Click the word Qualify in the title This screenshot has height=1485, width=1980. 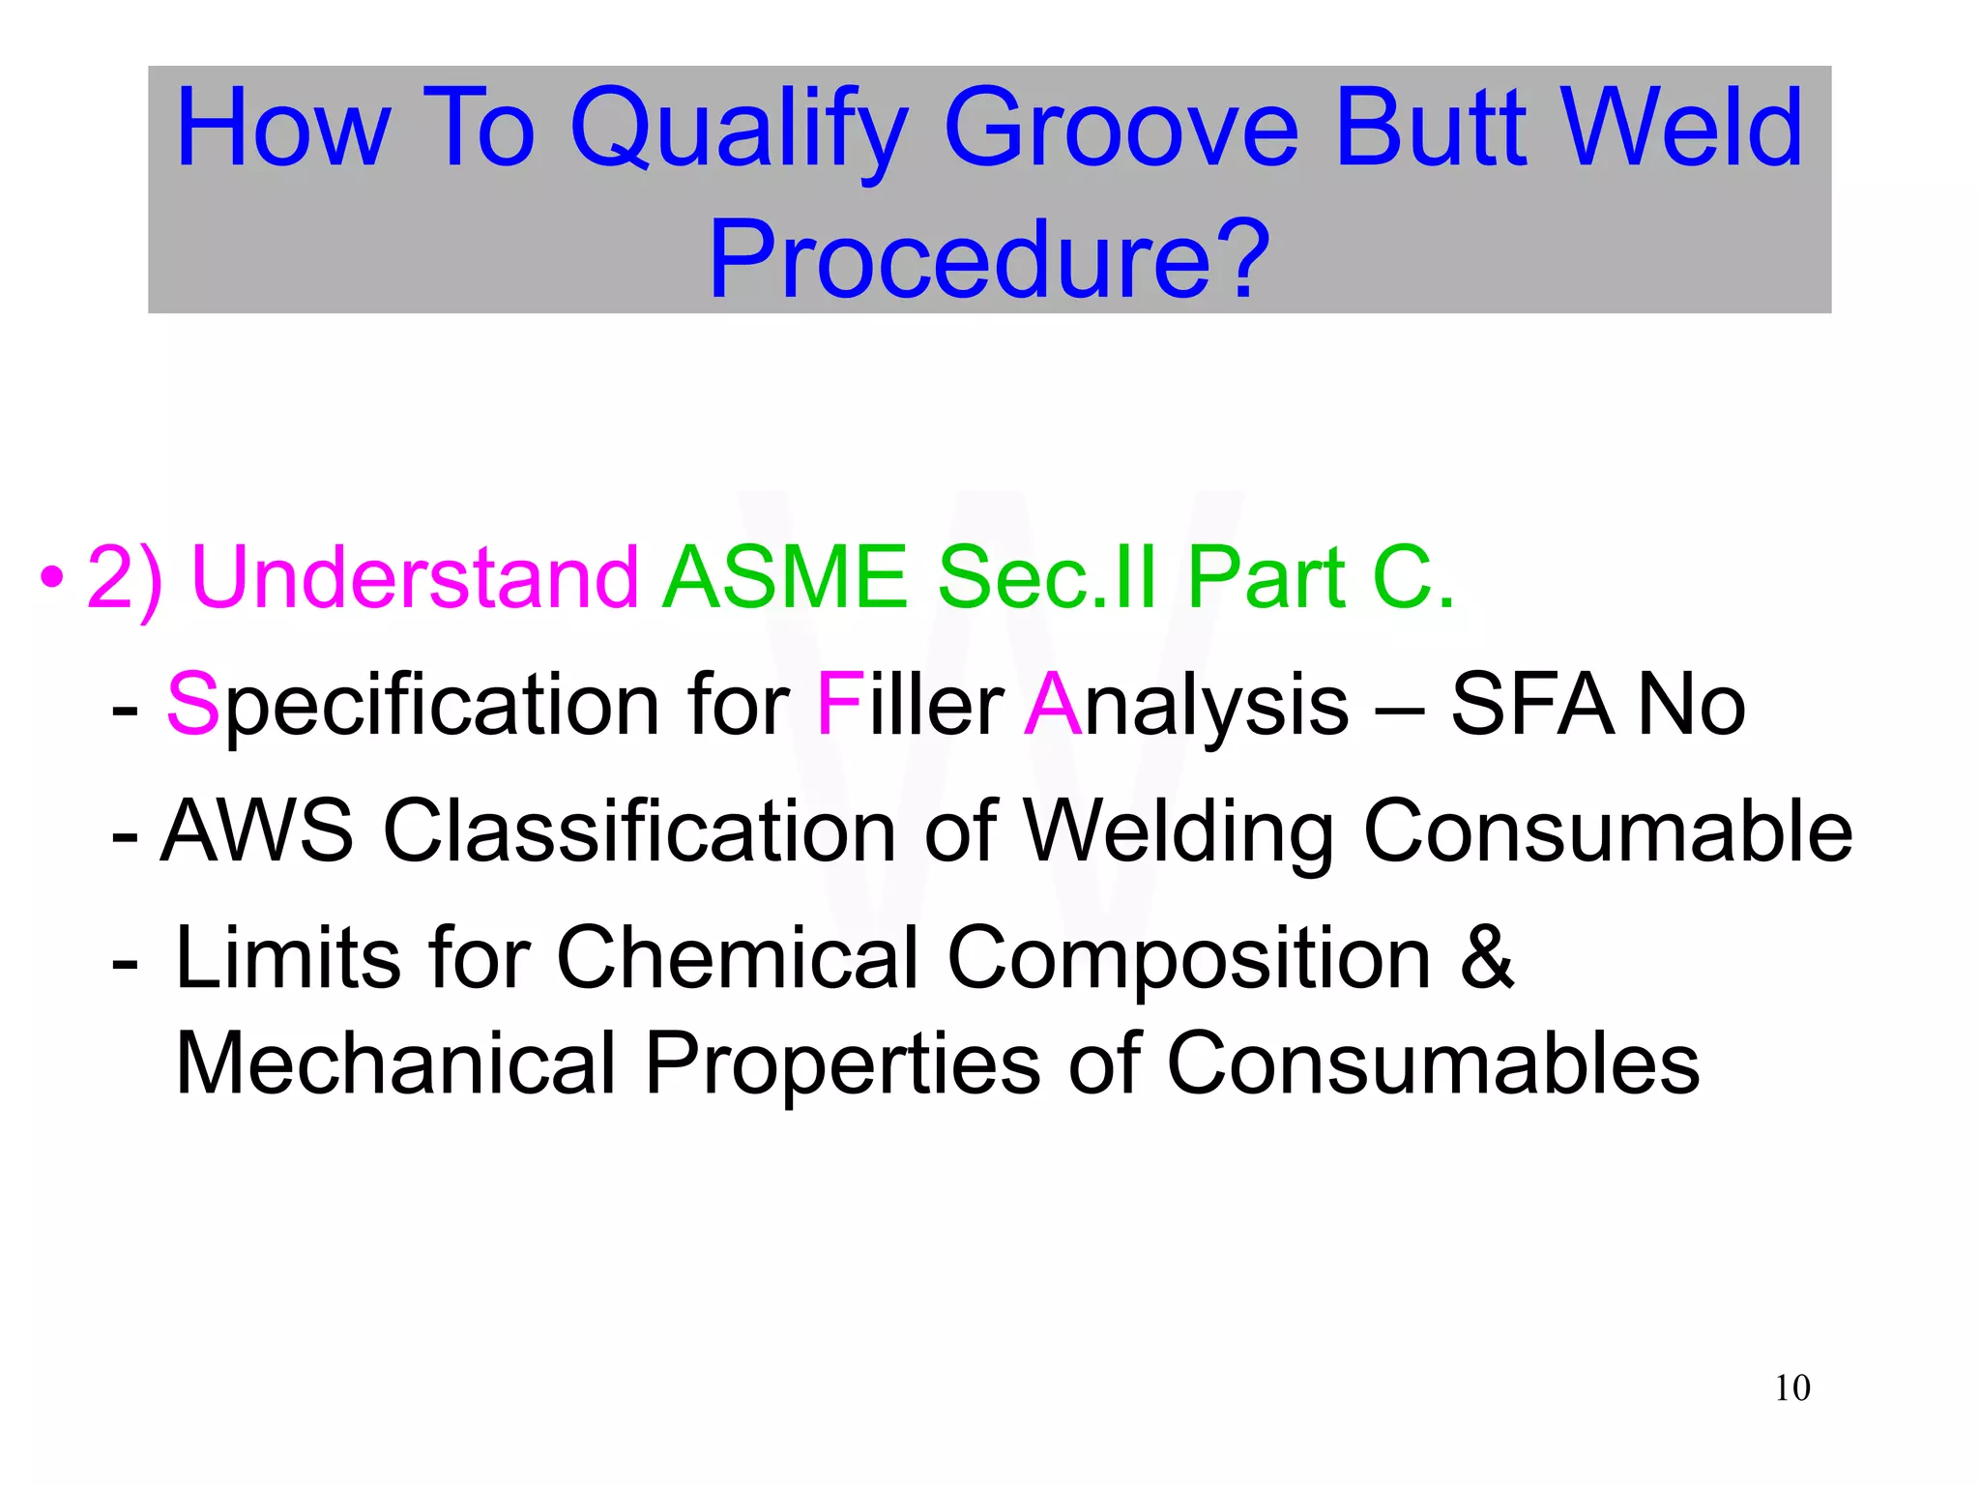[740, 131]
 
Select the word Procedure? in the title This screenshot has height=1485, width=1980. [989, 259]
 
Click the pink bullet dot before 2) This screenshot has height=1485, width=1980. [52, 579]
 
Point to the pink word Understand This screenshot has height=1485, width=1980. [415, 577]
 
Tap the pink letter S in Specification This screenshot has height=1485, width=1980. [192, 705]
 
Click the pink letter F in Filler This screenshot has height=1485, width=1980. [838, 705]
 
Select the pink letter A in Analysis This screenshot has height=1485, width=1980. [1052, 705]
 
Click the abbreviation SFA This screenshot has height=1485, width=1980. [1531, 705]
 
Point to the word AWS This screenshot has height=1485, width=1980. [257, 830]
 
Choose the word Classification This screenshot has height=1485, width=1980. [640, 830]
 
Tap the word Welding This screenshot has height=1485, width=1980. [1179, 830]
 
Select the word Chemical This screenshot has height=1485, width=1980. [737, 957]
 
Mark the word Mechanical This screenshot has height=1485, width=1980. [395, 1063]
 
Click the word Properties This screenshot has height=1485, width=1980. [842, 1063]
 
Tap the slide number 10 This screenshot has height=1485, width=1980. [1791, 1388]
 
